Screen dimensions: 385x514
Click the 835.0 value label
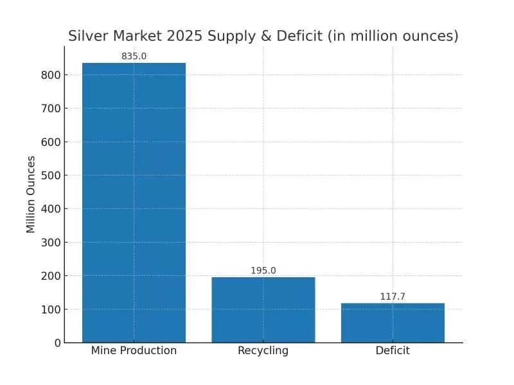point(134,56)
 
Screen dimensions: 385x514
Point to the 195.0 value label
point(263,271)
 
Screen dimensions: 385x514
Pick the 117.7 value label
point(393,296)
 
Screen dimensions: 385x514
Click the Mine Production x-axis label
point(134,351)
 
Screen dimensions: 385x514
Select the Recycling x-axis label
point(263,351)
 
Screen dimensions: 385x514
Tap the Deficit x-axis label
point(393,351)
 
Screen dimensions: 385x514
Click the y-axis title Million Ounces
point(31,194)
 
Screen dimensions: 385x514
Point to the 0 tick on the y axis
point(58,343)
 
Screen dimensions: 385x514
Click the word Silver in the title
point(88,36)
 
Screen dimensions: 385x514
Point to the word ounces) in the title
point(431,36)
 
